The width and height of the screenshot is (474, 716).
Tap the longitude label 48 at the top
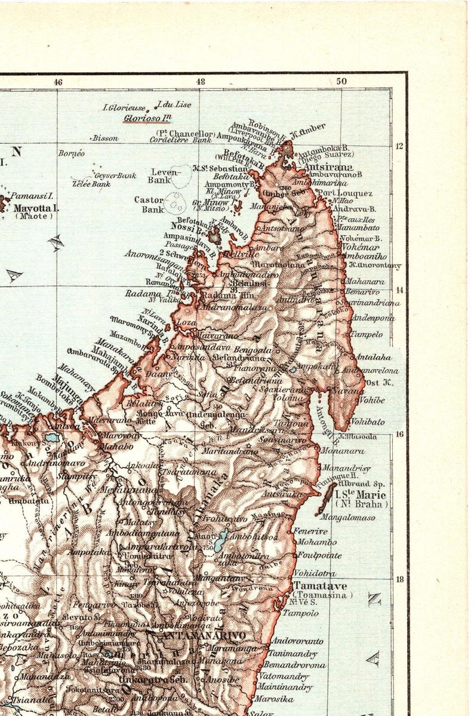pyautogui.click(x=200, y=81)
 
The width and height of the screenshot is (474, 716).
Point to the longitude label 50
pyautogui.click(x=341, y=81)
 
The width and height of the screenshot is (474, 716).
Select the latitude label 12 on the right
pyautogui.click(x=400, y=146)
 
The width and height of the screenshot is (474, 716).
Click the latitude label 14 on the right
pyautogui.click(x=400, y=290)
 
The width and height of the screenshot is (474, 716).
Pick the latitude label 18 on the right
pyautogui.click(x=400, y=579)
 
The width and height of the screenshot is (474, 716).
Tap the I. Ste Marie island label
pyautogui.click(x=360, y=495)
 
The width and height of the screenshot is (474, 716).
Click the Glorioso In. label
pyautogui.click(x=147, y=118)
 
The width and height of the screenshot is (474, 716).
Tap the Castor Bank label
pyautogui.click(x=149, y=204)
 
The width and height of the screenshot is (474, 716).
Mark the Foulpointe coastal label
pyautogui.click(x=319, y=555)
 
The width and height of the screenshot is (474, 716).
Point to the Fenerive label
pyautogui.click(x=310, y=531)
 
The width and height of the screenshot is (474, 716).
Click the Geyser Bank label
pyautogui.click(x=115, y=176)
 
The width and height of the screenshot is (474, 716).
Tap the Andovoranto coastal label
pyautogui.click(x=297, y=641)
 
